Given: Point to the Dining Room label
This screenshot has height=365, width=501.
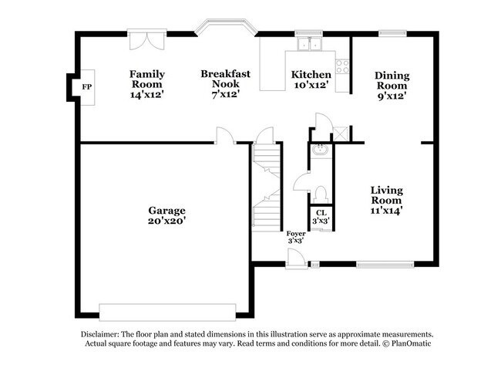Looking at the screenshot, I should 392,86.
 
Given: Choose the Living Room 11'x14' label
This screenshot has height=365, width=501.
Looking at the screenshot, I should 387,199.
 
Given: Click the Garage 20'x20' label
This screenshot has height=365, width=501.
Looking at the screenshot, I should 166,215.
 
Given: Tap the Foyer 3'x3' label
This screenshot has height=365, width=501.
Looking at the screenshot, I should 295,236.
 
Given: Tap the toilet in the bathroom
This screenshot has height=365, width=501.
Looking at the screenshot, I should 321,192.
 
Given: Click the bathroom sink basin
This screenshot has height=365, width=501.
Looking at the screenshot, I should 320,150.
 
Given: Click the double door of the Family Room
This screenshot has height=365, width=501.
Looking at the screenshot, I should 146,39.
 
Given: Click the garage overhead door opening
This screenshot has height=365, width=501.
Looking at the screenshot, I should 167,311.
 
